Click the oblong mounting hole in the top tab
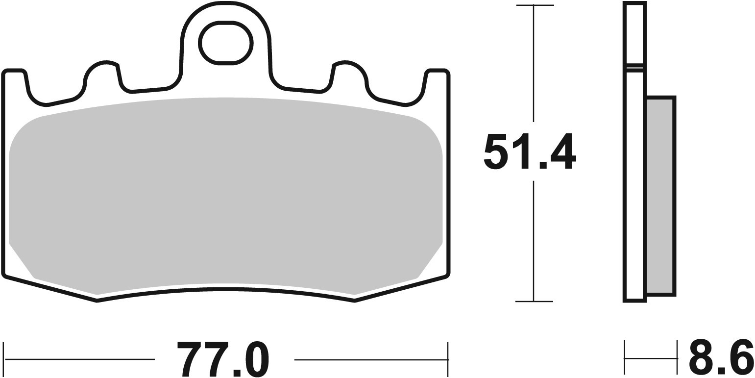(225, 43)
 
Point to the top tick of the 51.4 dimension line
(534, 5)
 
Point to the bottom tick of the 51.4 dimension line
(534, 301)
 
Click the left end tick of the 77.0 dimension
(4, 359)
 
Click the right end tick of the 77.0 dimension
(448, 359)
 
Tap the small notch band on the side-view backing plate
(635, 68)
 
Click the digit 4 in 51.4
(563, 151)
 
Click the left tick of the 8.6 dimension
(625, 358)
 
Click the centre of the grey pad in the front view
(225, 196)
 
